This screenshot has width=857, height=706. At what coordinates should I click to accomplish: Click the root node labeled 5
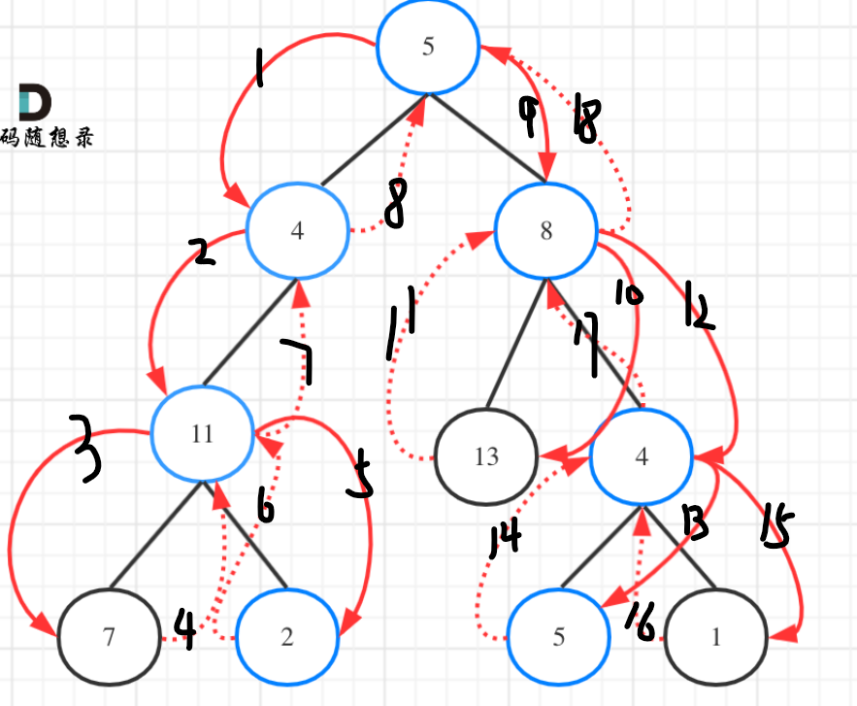(x=428, y=49)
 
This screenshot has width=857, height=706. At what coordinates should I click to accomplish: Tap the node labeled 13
(x=486, y=456)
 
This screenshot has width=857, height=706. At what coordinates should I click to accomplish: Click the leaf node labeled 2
(x=287, y=638)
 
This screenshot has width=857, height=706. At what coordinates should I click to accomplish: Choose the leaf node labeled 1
(x=716, y=638)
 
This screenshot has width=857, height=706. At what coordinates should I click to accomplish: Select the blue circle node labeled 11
(x=202, y=433)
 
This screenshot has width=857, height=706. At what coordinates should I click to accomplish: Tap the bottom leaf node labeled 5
(x=558, y=637)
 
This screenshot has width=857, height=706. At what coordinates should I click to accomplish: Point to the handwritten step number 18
(x=588, y=119)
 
